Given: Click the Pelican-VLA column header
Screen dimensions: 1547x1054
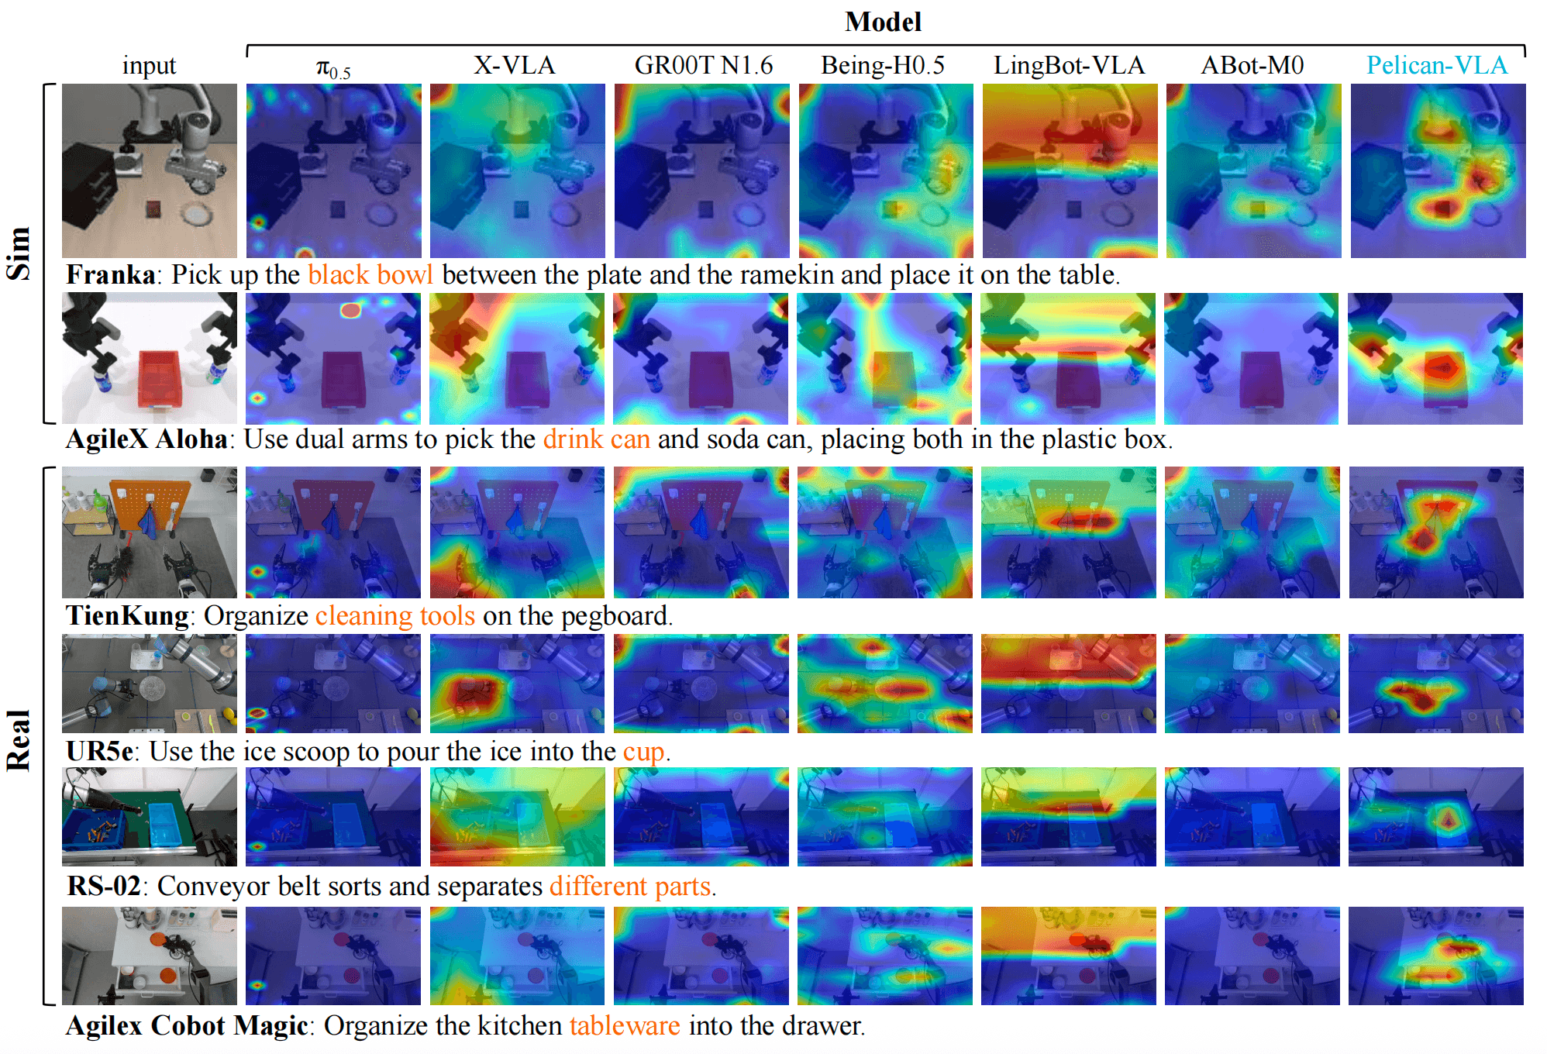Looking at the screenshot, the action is [x=1436, y=65].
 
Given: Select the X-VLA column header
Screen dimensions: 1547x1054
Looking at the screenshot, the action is [x=515, y=65].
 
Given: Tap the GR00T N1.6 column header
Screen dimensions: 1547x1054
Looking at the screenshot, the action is [x=703, y=65].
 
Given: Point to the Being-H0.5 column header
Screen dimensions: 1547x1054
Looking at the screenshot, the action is [x=883, y=65].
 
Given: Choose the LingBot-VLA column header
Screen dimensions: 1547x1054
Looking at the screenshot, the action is [x=1069, y=65].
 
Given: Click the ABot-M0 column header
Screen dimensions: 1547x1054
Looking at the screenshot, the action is [x=1252, y=65].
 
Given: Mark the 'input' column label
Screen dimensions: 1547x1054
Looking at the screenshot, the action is [x=149, y=66].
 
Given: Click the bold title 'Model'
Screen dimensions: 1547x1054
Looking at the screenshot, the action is [x=883, y=22].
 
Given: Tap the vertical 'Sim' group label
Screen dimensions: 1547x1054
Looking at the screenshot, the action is [x=19, y=253].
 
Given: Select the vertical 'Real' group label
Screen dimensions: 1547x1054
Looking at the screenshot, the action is [x=19, y=740].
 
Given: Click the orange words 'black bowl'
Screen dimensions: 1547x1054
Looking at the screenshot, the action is [x=370, y=274].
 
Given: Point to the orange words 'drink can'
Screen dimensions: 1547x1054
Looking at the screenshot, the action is [x=596, y=439].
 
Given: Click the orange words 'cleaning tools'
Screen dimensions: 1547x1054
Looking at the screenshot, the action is [x=395, y=615].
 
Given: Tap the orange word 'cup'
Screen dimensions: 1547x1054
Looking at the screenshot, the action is [x=643, y=752].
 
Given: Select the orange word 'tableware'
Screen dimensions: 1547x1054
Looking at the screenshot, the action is [x=625, y=1025].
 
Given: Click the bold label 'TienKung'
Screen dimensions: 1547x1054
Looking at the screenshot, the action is [x=128, y=615].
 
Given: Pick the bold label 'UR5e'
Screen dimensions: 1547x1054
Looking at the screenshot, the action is [x=99, y=751].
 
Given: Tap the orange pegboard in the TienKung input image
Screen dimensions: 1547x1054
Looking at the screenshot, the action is [x=149, y=503].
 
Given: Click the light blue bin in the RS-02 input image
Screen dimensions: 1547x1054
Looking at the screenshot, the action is [x=165, y=823].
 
